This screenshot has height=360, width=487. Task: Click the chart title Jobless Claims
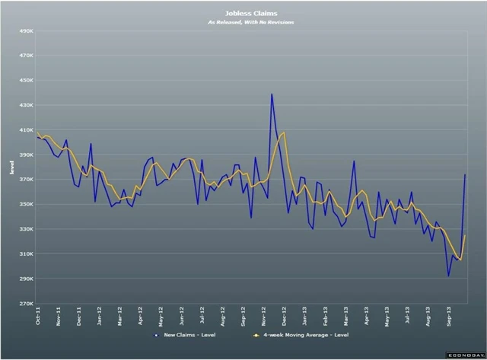250,13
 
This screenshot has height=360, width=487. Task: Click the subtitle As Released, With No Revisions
250,22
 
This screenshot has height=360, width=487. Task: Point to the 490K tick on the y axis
24,31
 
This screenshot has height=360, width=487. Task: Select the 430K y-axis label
24,105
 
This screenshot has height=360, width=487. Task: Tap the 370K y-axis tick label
24,180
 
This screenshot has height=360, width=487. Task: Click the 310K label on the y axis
24,253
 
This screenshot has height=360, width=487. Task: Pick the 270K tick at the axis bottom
24,303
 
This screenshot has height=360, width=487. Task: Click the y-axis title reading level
11,167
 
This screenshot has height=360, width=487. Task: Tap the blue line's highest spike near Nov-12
272,94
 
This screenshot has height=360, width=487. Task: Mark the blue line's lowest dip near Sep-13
448,276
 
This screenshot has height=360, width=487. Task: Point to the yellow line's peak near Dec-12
284,132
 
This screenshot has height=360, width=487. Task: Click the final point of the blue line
465,175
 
